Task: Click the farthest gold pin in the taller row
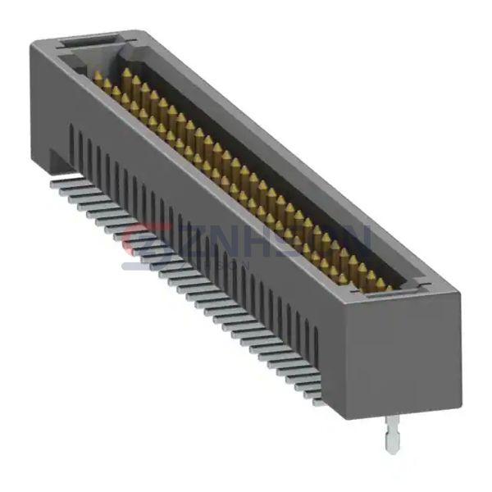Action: point(126,75)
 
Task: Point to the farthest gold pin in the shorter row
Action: point(98,77)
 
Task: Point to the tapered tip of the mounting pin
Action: point(392,448)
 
